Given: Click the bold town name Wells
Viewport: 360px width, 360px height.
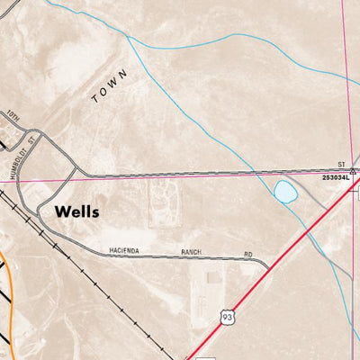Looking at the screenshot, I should [x=76, y=212].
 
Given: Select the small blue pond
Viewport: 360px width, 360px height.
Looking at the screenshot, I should [x=284, y=192].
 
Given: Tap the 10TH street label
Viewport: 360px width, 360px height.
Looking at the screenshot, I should [x=13, y=118].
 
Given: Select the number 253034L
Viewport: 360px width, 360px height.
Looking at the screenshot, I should [x=337, y=178].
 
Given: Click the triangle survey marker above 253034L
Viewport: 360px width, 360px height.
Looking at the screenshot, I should [x=353, y=170].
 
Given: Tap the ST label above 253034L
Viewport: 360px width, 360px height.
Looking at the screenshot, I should [x=341, y=164].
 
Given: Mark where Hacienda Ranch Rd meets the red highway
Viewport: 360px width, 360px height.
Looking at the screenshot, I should [x=267, y=267].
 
